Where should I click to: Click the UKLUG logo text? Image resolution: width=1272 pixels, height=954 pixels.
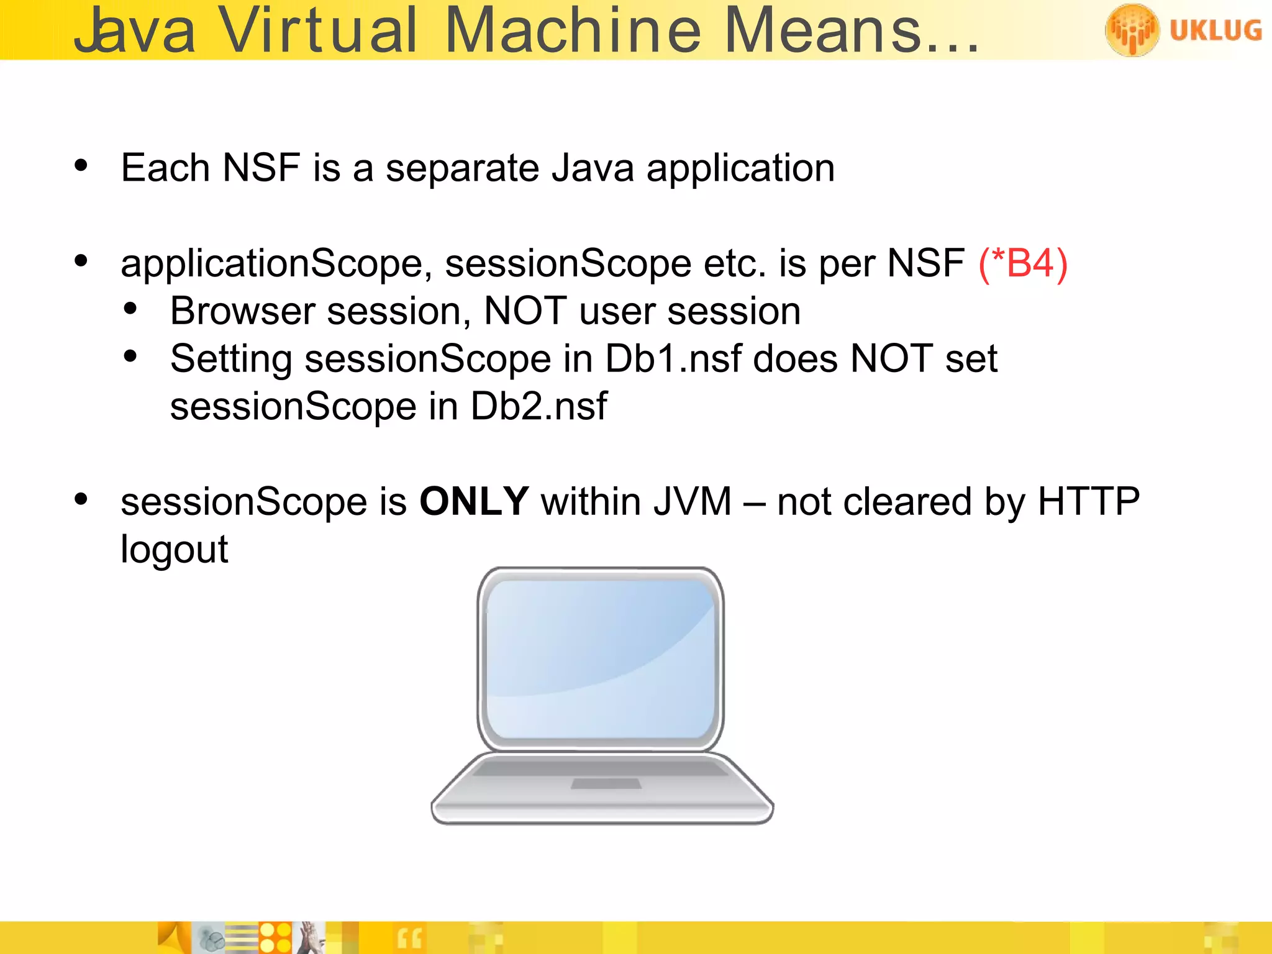click(x=1215, y=30)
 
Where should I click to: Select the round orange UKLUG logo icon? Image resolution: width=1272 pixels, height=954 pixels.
click(x=1132, y=30)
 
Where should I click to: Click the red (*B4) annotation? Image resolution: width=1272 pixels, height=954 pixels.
click(x=1023, y=263)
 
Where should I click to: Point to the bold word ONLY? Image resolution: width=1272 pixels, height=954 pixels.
click(x=474, y=501)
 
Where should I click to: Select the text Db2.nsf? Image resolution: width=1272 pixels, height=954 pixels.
click(x=538, y=407)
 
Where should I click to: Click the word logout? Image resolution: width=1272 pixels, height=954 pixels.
click(x=175, y=550)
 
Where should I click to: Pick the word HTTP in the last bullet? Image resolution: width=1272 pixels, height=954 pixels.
click(x=1088, y=501)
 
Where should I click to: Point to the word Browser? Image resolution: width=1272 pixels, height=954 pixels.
click(x=243, y=311)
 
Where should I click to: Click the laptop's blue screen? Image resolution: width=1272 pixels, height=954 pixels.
click(x=600, y=658)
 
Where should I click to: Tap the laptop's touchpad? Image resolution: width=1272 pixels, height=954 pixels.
click(x=606, y=784)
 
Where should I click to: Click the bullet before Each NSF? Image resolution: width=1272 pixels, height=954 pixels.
click(x=81, y=166)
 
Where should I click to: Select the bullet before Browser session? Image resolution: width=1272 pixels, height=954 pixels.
click(x=130, y=309)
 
